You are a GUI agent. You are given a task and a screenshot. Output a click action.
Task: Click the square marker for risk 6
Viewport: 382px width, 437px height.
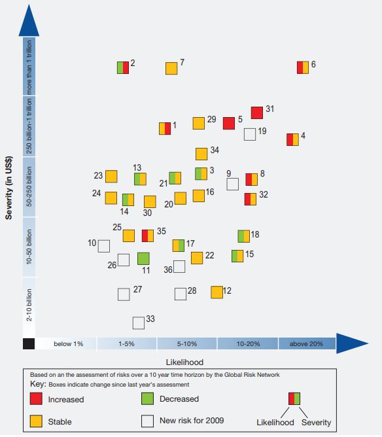point(303,68)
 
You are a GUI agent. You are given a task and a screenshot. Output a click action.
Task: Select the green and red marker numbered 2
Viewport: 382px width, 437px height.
point(123,68)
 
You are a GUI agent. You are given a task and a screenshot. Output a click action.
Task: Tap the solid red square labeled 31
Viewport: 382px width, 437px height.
point(257,113)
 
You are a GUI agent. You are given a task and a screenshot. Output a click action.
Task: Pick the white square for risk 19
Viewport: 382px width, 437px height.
point(250,134)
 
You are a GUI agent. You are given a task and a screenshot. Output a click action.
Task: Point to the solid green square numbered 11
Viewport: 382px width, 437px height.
point(143,258)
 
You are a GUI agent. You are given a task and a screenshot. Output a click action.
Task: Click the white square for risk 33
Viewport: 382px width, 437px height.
point(139,323)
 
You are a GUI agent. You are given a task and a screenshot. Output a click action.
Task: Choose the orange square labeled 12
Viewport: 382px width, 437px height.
point(217,292)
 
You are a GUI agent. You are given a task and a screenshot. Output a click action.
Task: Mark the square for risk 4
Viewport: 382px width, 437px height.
point(292,139)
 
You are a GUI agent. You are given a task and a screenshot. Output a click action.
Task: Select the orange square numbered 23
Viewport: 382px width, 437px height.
point(111,177)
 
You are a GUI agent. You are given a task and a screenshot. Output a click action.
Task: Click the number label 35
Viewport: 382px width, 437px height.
point(162,231)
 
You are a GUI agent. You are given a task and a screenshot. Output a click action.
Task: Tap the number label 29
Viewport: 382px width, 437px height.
point(212,119)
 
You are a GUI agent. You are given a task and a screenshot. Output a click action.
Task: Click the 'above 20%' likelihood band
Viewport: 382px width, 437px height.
point(307,343)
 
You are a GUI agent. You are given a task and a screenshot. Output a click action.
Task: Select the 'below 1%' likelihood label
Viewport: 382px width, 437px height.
point(69,344)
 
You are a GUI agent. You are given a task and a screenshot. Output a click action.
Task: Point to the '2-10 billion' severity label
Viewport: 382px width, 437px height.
point(29,305)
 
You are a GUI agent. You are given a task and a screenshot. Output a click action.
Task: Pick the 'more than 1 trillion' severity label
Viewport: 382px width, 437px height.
point(29,67)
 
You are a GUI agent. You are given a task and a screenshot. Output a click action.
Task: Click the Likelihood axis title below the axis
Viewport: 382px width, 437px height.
point(184,362)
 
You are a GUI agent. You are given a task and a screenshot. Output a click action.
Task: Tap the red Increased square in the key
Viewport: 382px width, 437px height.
point(36,398)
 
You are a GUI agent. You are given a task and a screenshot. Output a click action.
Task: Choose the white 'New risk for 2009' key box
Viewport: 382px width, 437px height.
point(147,421)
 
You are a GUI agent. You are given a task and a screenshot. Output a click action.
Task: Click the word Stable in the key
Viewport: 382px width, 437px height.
point(60,422)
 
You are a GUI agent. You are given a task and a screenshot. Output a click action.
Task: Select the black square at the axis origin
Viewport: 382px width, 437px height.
point(29,343)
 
